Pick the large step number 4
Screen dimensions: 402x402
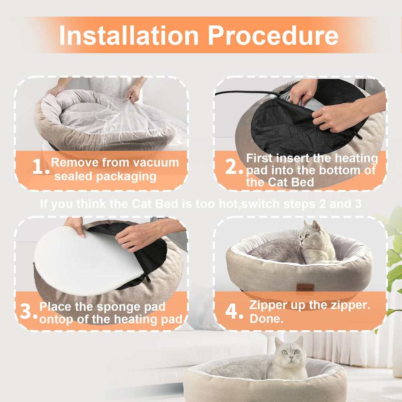pyautogui.click(x=234, y=312)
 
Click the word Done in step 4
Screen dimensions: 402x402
pyautogui.click(x=266, y=319)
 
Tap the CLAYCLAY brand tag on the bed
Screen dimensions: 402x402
pyautogui.click(x=305, y=288)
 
